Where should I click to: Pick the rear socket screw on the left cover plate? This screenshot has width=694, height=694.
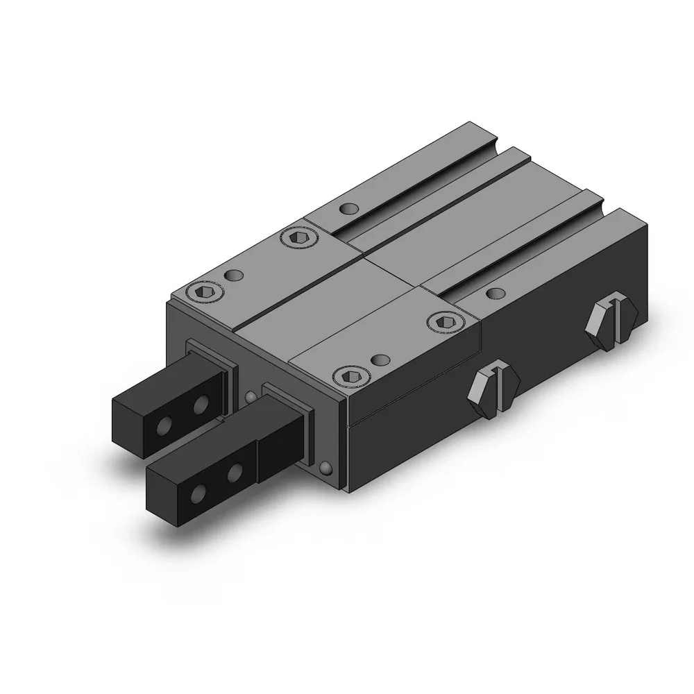(x=298, y=238)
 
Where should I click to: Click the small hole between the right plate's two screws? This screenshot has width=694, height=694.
(x=378, y=359)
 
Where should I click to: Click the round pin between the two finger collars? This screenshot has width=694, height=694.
(x=249, y=397)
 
